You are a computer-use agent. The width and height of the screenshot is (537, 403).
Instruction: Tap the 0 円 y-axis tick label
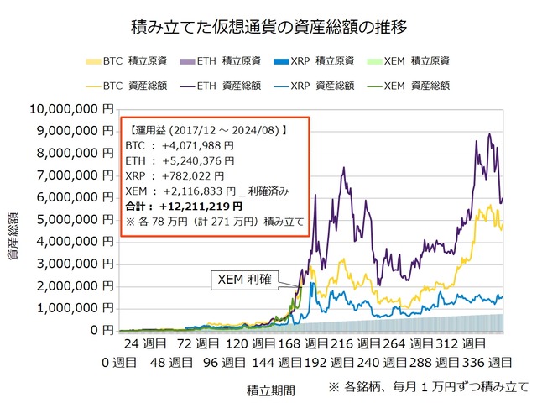101,331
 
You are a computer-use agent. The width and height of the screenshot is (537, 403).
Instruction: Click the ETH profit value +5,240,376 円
180,160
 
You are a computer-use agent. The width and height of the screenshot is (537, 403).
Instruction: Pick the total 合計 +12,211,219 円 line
183,206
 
